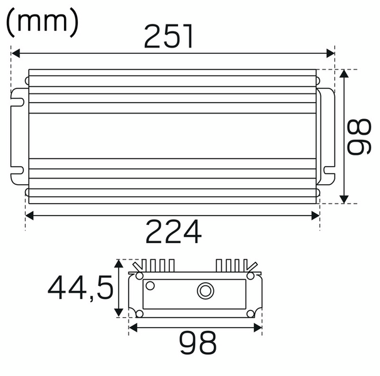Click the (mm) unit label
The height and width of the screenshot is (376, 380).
click(x=43, y=23)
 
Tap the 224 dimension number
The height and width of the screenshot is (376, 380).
click(x=174, y=232)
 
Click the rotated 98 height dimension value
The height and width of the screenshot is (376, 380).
click(x=362, y=137)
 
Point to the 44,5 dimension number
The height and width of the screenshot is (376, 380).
click(x=81, y=288)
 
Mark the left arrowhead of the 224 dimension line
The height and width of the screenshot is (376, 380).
click(x=29, y=216)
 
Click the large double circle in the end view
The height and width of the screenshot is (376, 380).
click(x=204, y=291)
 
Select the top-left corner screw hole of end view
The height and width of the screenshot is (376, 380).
click(x=139, y=276)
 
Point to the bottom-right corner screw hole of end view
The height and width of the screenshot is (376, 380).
click(x=251, y=313)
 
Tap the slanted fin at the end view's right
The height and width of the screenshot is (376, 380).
click(x=251, y=264)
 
